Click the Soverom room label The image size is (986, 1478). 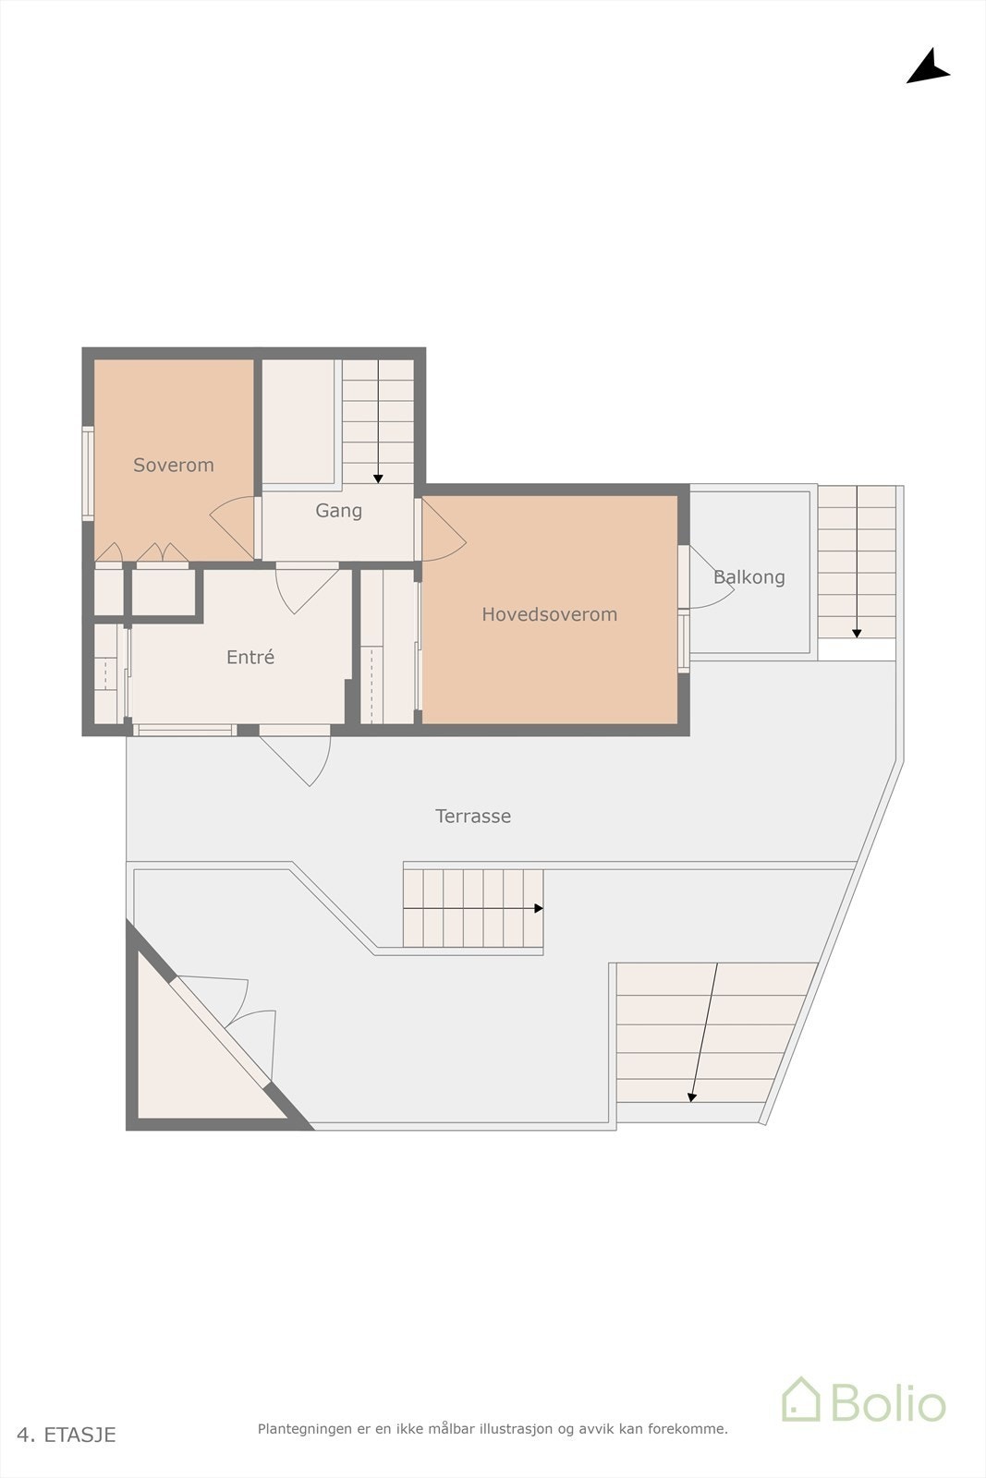(x=174, y=465)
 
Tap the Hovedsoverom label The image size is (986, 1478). (x=549, y=614)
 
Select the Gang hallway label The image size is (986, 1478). (x=338, y=510)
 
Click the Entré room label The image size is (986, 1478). (x=250, y=657)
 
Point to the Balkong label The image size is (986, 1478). (x=749, y=577)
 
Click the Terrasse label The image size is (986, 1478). (x=473, y=816)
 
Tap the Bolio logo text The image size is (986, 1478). (x=887, y=1403)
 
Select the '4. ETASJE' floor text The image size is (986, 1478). (x=67, y=1435)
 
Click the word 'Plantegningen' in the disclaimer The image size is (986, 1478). (x=304, y=1429)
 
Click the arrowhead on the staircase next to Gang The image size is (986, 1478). (x=378, y=478)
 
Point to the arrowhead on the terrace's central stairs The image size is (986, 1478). (x=538, y=909)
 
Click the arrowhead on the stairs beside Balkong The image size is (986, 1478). (x=857, y=633)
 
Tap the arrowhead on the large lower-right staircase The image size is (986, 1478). (x=691, y=1096)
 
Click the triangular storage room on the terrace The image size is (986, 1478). (x=189, y=1062)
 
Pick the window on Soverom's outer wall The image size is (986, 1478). (x=88, y=473)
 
